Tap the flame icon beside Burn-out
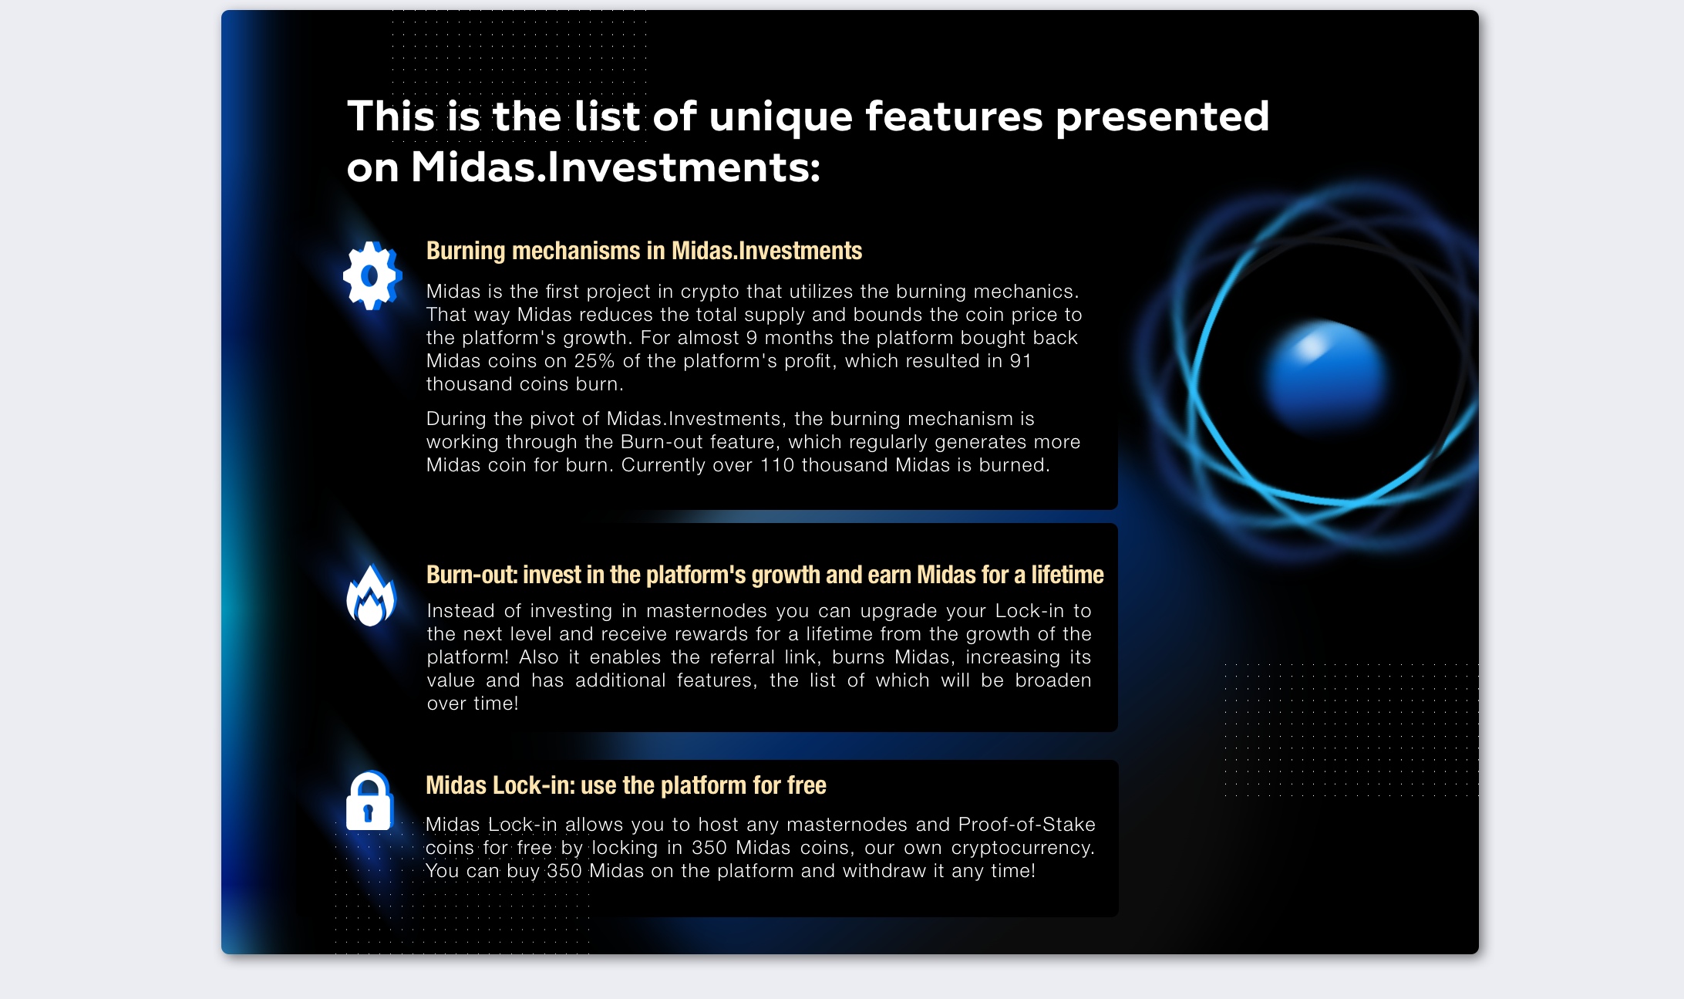(x=371, y=595)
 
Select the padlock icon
(x=369, y=801)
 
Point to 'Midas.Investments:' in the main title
(x=615, y=167)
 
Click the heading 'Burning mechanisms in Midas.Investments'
(x=644, y=251)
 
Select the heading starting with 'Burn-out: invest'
(x=765, y=575)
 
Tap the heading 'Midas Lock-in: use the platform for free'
(x=626, y=785)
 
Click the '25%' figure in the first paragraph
(x=594, y=361)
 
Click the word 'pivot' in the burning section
(x=551, y=419)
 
